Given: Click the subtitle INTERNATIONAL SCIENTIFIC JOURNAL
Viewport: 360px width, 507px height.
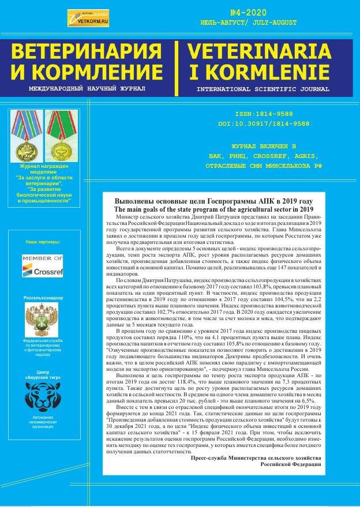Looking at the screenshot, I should [x=262, y=89].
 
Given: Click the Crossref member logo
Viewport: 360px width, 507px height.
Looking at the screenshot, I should [x=43, y=266].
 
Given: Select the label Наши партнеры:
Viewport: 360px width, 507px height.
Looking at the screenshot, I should [x=43, y=242].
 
